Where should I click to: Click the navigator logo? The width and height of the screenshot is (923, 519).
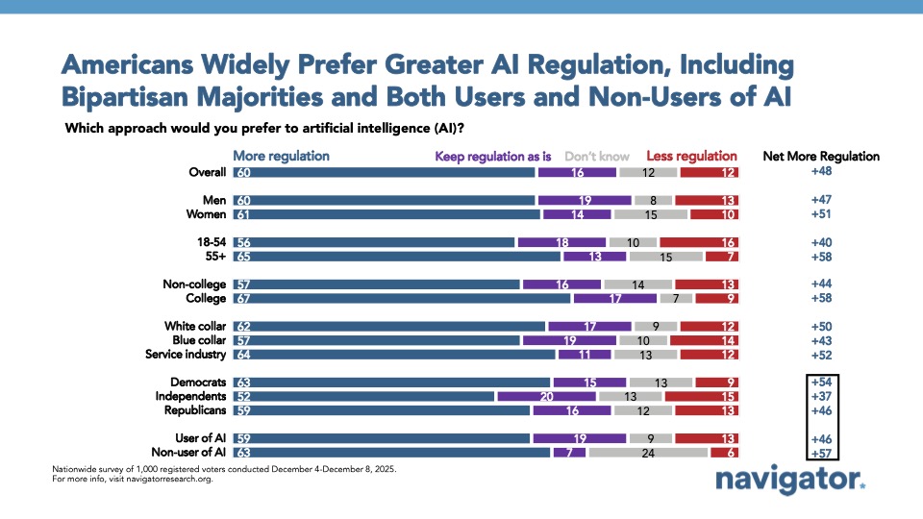tap(788, 481)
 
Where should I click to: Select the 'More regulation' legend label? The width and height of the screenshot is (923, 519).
tap(281, 156)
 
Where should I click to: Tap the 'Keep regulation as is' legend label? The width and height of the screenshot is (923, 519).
tap(492, 156)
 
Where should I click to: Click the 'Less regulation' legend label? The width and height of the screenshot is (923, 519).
tap(691, 156)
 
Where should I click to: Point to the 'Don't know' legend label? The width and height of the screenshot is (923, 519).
tap(597, 156)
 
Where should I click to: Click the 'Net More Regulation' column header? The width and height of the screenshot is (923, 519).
tap(820, 156)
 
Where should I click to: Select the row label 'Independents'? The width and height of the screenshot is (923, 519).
tap(190, 395)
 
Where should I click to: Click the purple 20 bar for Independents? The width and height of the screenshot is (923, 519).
tap(546, 395)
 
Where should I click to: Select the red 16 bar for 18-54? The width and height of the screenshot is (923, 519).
tap(698, 243)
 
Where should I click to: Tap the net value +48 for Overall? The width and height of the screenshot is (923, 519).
tap(820, 173)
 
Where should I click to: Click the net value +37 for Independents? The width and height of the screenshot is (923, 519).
tap(820, 395)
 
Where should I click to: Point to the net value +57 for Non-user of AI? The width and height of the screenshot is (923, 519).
tap(820, 452)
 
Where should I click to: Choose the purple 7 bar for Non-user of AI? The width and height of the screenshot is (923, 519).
tap(568, 452)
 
